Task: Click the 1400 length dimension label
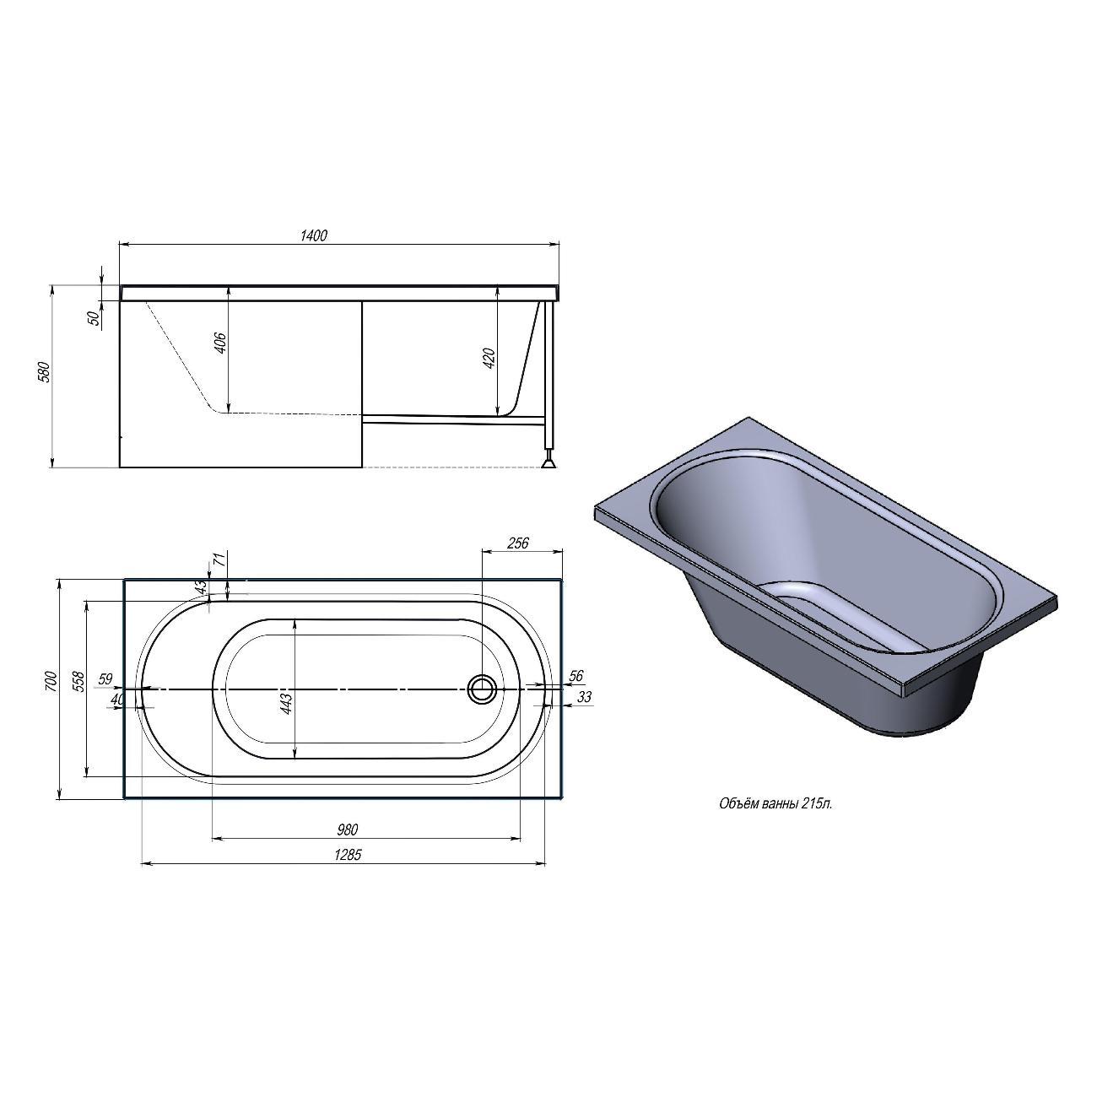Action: [314, 235]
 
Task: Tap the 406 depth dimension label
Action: [221, 342]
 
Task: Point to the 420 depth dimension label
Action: [489, 358]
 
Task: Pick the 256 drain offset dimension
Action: [517, 543]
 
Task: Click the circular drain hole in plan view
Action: [482, 689]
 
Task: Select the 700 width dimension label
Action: [51, 682]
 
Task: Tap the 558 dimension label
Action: [78, 682]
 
